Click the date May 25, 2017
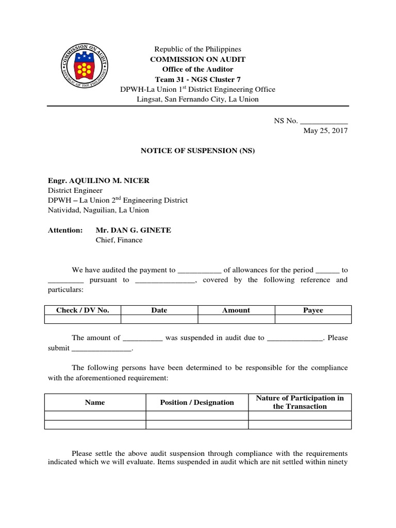tap(325, 131)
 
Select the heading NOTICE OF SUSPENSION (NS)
tap(198, 151)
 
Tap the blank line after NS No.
tap(324, 121)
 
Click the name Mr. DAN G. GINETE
tap(134, 230)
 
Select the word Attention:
tap(65, 230)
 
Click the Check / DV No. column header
tap(82, 310)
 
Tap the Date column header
tap(159, 310)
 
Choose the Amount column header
tap(236, 310)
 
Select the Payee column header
tap(313, 310)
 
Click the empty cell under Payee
tap(313, 319)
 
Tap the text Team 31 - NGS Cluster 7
tap(198, 79)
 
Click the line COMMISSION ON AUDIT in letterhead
tap(198, 59)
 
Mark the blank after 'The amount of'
tap(143, 338)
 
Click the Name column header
tap(95, 402)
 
